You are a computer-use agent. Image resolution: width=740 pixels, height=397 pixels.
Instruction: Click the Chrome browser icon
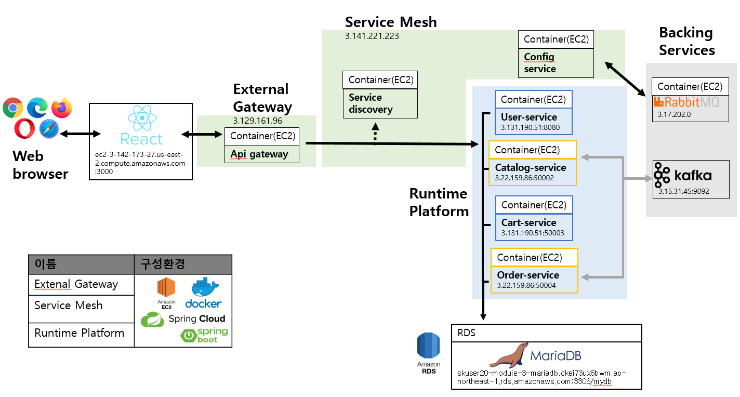coord(12,108)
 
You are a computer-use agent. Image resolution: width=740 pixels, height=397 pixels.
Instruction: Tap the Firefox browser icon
coord(62,108)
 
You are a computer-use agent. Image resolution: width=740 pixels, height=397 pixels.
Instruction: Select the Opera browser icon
coord(25,128)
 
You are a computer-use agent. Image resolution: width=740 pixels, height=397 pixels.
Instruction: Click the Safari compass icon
coord(49,129)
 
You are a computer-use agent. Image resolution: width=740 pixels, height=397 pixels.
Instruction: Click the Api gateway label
coord(259,154)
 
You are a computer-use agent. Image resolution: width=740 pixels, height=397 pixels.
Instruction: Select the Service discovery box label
coord(371,103)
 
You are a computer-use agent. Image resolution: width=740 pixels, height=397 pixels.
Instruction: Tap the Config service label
coord(540,63)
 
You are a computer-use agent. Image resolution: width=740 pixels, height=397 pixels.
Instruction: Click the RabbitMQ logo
coord(686,102)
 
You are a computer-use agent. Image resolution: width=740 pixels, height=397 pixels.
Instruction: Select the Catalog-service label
coord(531,167)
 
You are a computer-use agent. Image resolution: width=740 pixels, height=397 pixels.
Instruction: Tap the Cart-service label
coord(528,222)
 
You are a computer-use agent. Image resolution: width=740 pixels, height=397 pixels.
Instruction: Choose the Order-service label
coord(528,275)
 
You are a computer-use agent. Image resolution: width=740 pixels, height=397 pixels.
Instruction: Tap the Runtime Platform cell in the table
coord(80,333)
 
